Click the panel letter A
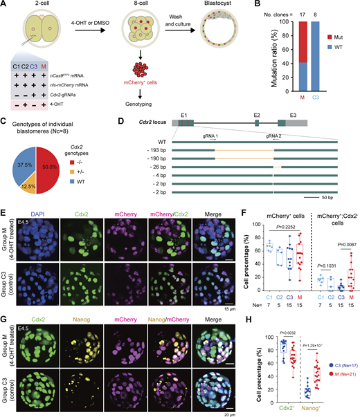[6, 6]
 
